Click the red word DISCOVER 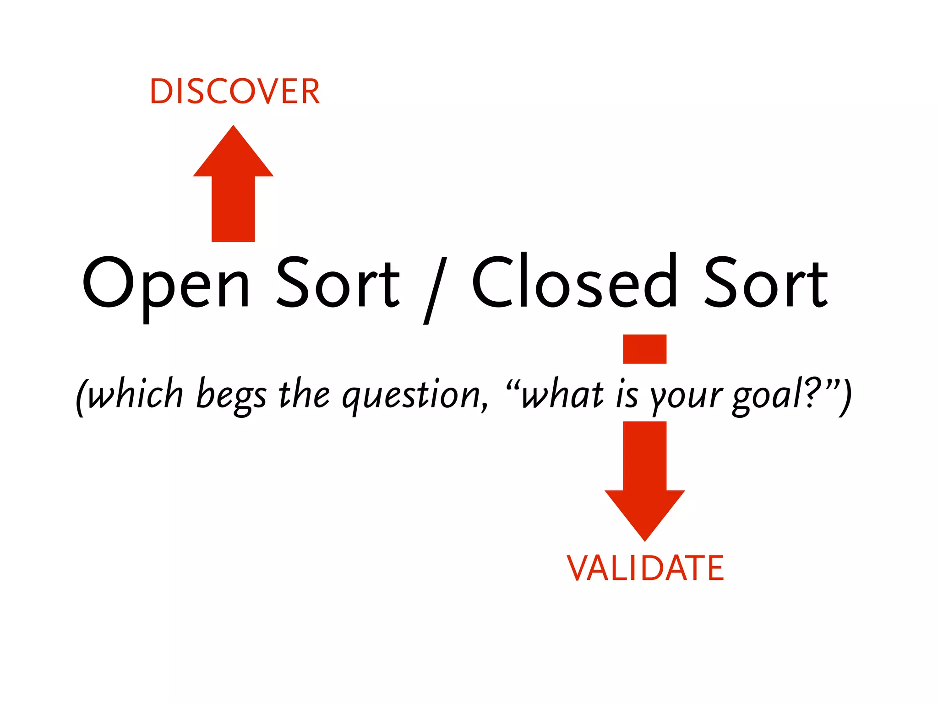[234, 92]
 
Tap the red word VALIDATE [645, 568]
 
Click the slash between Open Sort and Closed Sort [435, 290]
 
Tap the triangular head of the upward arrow [233, 153]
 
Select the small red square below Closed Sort [644, 349]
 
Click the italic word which [136, 394]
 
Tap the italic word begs [231, 396]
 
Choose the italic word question [415, 395]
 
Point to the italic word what [563, 394]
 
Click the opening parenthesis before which [81, 396]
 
